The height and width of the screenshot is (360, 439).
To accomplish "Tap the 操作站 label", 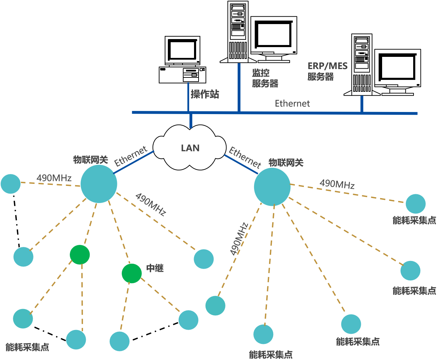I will (x=205, y=94).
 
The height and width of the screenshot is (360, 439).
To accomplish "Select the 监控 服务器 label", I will (x=265, y=78).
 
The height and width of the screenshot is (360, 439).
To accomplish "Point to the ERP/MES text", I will (x=327, y=66).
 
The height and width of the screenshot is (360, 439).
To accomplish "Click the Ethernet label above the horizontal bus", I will (x=292, y=104).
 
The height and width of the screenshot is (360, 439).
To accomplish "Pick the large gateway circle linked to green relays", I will (x=99, y=184).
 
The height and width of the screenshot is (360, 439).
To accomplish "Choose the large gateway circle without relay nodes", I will (x=272, y=187).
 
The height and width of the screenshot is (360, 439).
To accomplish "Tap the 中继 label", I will (x=155, y=268).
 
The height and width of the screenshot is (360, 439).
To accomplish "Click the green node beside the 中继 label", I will (x=132, y=273).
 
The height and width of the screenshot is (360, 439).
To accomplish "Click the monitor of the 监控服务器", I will (x=274, y=37).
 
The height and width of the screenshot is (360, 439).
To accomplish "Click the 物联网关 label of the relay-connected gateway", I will (x=90, y=160).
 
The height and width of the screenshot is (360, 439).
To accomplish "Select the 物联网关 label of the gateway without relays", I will (x=286, y=162).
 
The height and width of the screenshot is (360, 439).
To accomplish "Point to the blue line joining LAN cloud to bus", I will (x=191, y=121).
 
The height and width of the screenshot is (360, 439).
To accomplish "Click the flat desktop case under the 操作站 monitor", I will (x=182, y=75).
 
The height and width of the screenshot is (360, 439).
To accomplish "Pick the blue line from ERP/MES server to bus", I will (x=362, y=104).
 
